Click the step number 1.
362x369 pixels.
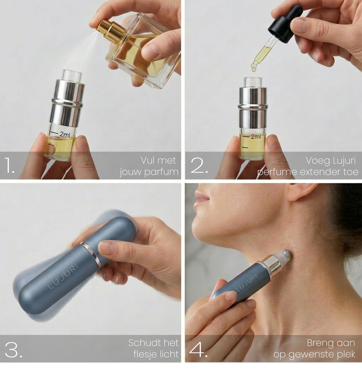point(9,166)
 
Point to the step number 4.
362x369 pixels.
point(198,350)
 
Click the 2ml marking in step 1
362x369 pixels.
point(65,134)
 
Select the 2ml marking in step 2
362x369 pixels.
point(256,137)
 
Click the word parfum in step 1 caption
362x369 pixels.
point(164,172)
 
